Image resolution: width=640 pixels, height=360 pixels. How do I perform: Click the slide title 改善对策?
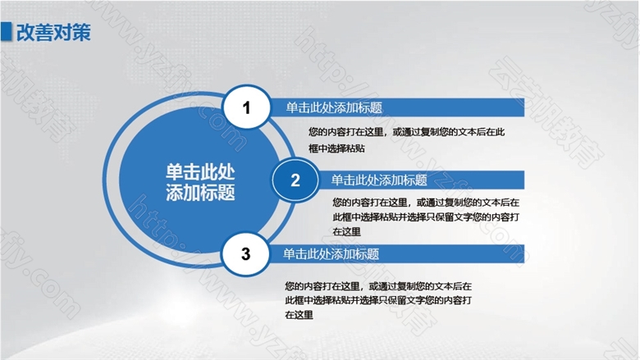click(x=53, y=32)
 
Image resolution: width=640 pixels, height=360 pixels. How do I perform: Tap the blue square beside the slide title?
click(x=6, y=32)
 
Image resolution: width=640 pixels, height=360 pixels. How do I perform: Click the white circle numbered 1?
click(x=246, y=107)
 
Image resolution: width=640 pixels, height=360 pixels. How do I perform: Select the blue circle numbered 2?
click(x=295, y=180)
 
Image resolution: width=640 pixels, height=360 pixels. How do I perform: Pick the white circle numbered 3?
click(x=245, y=253)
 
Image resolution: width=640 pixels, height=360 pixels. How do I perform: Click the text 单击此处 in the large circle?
click(x=200, y=172)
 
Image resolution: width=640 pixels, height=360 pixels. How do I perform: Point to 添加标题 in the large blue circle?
click(x=200, y=192)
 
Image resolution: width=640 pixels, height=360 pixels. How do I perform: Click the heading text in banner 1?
click(x=334, y=107)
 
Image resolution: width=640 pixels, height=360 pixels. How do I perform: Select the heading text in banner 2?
click(x=379, y=180)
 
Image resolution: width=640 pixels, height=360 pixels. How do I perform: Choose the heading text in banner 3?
click(x=331, y=254)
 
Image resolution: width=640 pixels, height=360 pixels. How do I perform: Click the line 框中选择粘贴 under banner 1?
click(x=336, y=148)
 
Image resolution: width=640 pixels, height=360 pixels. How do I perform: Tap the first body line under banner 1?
click(x=406, y=132)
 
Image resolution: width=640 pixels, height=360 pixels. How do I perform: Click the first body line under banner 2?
click(x=426, y=203)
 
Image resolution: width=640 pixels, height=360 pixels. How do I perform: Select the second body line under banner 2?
click(x=426, y=216)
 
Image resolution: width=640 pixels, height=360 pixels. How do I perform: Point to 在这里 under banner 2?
click(x=346, y=231)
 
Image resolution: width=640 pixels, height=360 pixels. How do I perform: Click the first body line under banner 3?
click(x=378, y=286)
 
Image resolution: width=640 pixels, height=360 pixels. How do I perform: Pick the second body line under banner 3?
click(x=378, y=300)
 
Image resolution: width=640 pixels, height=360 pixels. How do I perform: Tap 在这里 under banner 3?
click(x=299, y=315)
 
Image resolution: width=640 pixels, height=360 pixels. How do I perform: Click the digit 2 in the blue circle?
click(x=295, y=180)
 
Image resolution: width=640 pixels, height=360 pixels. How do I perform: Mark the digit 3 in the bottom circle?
click(x=245, y=254)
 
